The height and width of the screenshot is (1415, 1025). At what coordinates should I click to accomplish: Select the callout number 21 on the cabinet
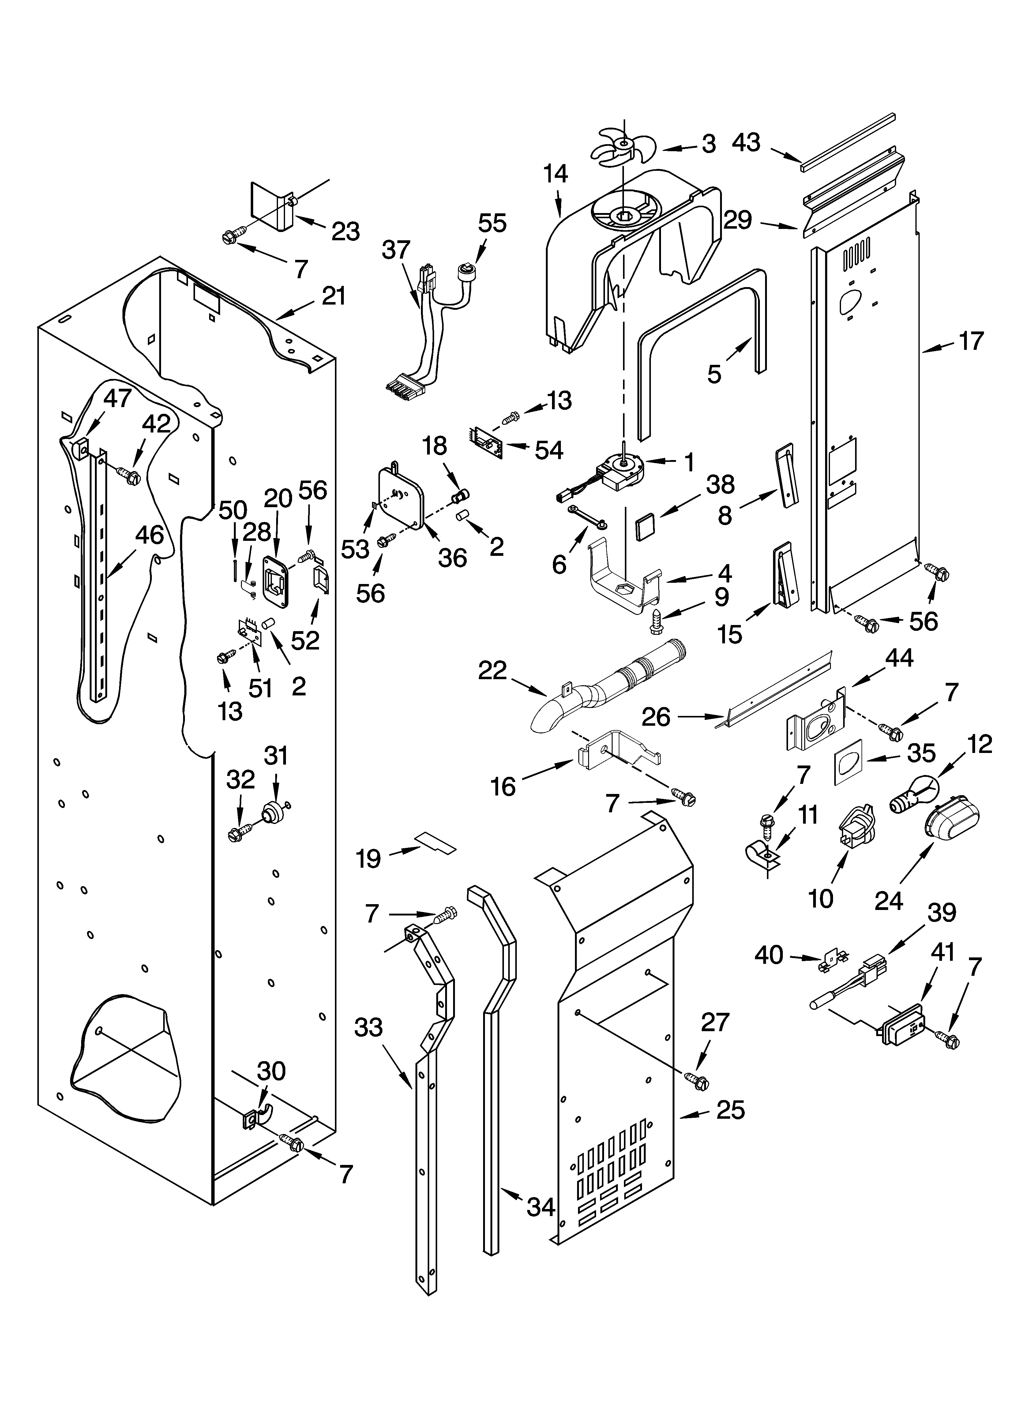pos(333,296)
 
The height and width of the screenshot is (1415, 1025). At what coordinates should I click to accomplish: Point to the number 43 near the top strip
pos(747,142)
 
